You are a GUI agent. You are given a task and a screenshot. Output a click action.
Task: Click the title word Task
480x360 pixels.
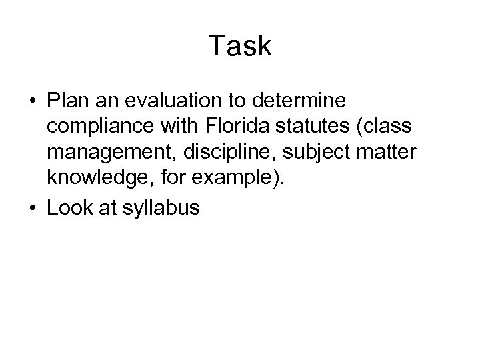(x=240, y=47)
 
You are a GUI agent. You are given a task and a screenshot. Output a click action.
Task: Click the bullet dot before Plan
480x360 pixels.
(x=33, y=102)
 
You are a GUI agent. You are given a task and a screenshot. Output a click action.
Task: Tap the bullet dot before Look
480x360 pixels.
(x=33, y=209)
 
